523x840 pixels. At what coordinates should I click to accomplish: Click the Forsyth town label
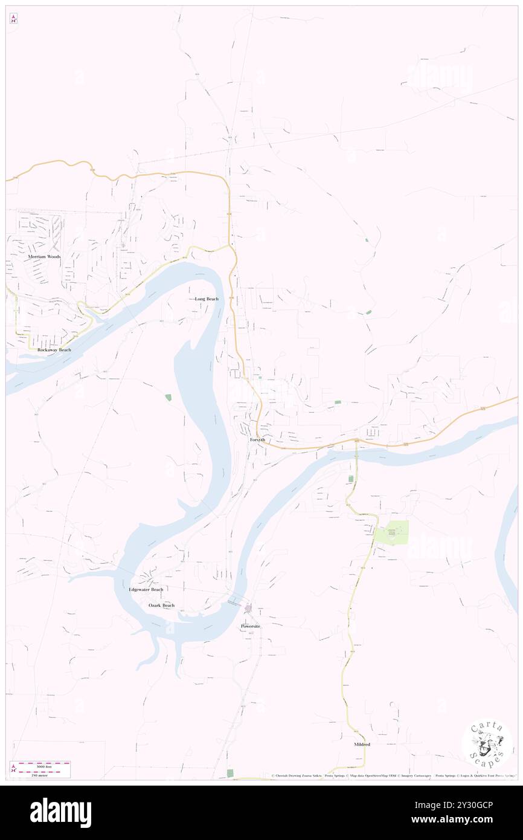click(257, 440)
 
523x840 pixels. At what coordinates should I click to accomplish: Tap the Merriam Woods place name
click(44, 257)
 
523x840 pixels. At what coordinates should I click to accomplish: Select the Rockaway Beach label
click(54, 350)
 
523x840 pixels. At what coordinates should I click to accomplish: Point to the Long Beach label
click(207, 299)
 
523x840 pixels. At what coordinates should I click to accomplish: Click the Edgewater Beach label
click(146, 589)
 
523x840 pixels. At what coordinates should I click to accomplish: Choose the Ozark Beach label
click(161, 605)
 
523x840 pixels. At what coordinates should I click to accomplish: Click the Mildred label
click(362, 745)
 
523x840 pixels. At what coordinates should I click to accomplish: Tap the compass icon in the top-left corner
click(13, 18)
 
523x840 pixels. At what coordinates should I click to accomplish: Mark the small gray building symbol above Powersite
click(248, 607)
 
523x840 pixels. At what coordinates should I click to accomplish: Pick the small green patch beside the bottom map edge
click(229, 773)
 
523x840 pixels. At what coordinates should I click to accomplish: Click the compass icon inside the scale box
click(13, 769)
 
